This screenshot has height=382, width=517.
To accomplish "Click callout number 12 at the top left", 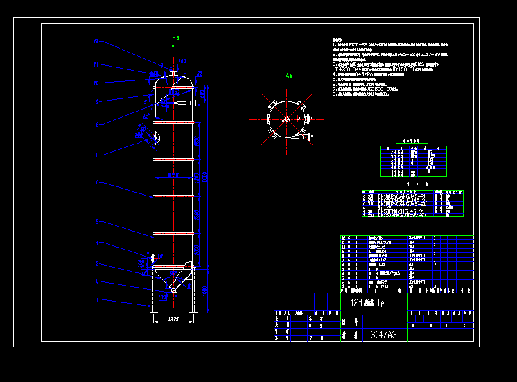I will pos(97,42).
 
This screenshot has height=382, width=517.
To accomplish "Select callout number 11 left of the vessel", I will pos(97,64).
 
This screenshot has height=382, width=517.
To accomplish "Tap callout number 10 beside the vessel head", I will pos(97,83).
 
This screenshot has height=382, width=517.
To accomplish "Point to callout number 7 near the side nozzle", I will pos(97,153).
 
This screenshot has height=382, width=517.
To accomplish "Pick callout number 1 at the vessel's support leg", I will pos(97,300).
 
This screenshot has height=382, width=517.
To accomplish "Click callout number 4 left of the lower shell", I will pos(97,243).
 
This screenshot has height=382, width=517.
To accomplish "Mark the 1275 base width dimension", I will pos(173,319).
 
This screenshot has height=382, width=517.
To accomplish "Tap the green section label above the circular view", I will pos(289,76).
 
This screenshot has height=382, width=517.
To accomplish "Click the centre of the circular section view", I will pos(284,119).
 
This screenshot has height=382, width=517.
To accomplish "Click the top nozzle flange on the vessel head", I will pos(172,71).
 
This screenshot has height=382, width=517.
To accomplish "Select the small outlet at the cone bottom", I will pos(173,296).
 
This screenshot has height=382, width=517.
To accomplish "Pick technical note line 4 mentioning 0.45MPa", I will pos(374,74).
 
